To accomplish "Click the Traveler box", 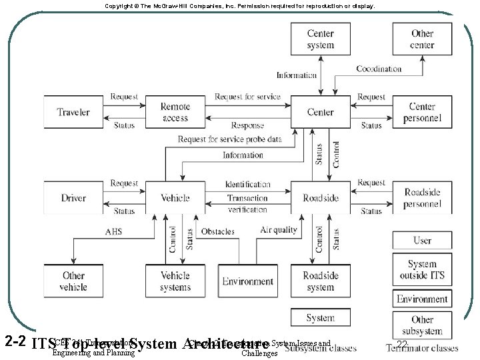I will pyautogui.click(x=73, y=112).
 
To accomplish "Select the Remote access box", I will pyautogui.click(x=175, y=112).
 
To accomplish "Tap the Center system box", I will pyautogui.click(x=321, y=39).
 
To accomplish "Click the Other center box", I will pyautogui.click(x=422, y=39).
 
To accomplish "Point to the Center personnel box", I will pyautogui.click(x=422, y=112).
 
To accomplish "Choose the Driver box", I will pyautogui.click(x=73, y=197).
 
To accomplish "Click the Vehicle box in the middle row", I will pyautogui.click(x=175, y=197).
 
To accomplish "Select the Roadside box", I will pyautogui.click(x=321, y=197).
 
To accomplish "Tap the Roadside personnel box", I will pyautogui.click(x=422, y=197).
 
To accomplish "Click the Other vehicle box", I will pyautogui.click(x=73, y=281).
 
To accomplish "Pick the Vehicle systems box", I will pyautogui.click(x=175, y=281).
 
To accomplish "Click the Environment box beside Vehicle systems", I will pyautogui.click(x=248, y=281).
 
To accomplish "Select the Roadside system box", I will pyautogui.click(x=321, y=281).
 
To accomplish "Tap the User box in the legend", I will pyautogui.click(x=422, y=241).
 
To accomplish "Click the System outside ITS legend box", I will pyautogui.click(x=422, y=269).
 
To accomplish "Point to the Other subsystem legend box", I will pyautogui.click(x=422, y=325).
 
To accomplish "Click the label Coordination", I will pyautogui.click(x=379, y=69).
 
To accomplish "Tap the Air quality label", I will pyautogui.click(x=278, y=230).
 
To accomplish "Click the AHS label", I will pyautogui.click(x=113, y=231).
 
